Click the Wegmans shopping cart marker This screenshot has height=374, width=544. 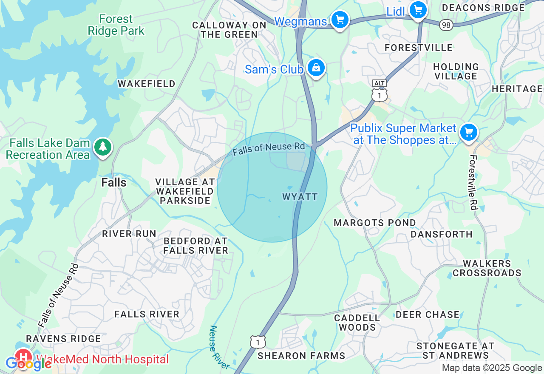pyautogui.click(x=340, y=20)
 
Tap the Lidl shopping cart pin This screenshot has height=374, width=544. pyautogui.click(x=418, y=9)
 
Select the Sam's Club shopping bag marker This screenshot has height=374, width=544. pyautogui.click(x=316, y=68)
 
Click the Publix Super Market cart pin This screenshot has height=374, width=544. pyautogui.click(x=469, y=132)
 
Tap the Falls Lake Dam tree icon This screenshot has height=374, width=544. pyautogui.click(x=102, y=147)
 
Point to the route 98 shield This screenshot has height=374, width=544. pyautogui.click(x=446, y=25)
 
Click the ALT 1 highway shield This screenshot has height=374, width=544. pyautogui.click(x=379, y=91)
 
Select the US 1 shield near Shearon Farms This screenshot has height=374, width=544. pyautogui.click(x=258, y=342)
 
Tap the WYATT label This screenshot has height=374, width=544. pyautogui.click(x=300, y=197)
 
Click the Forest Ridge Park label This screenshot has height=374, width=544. pyautogui.click(x=116, y=25)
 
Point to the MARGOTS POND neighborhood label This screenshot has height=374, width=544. pyautogui.click(x=375, y=223)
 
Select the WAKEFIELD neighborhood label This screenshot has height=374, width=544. pyautogui.click(x=147, y=84)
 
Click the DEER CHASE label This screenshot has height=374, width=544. pyautogui.click(x=428, y=314)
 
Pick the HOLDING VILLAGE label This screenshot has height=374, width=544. pyautogui.click(x=456, y=71)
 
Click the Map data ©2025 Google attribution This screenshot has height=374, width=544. pyautogui.click(x=492, y=368)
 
